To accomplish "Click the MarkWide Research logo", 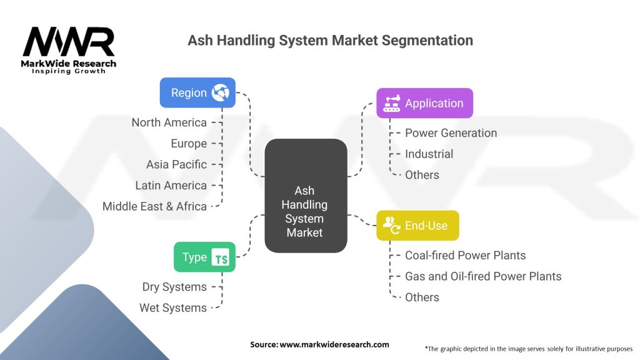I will click(x=69, y=50).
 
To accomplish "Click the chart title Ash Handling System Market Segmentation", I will click(x=330, y=41).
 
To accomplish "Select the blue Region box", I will click(x=197, y=92).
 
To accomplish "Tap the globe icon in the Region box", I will click(x=220, y=92).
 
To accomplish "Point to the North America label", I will click(x=169, y=122).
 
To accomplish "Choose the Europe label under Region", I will click(x=189, y=144).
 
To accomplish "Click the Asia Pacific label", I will click(x=176, y=164).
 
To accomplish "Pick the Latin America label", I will click(x=171, y=186).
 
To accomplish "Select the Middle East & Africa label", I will click(x=154, y=206).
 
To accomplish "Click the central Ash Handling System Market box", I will click(x=305, y=211).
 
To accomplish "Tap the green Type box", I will click(x=204, y=257).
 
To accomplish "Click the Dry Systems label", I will click(x=174, y=287).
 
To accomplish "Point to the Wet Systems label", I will click(x=173, y=308).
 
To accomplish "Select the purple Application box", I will click(x=424, y=103).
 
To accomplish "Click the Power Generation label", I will click(x=451, y=133).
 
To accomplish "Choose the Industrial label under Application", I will click(x=429, y=154).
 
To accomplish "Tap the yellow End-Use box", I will click(x=417, y=226).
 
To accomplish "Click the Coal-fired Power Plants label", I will click(x=465, y=255).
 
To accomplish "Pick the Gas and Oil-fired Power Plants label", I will click(x=483, y=276).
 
